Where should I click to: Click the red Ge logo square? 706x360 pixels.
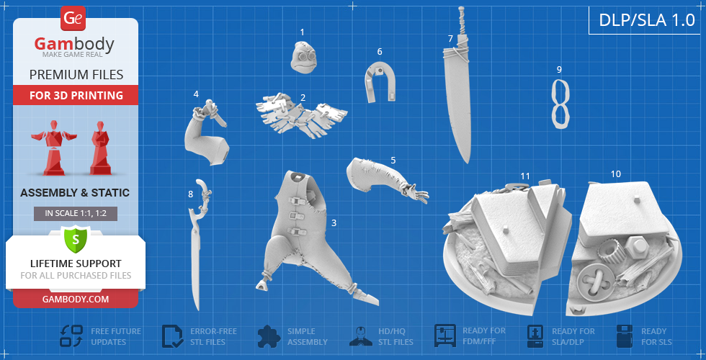pyautogui.click(x=73, y=19)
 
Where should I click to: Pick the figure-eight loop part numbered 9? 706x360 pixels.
pyautogui.click(x=561, y=104)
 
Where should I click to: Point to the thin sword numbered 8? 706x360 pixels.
pyautogui.click(x=196, y=246)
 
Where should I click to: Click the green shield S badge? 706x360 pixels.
pyautogui.click(x=75, y=239)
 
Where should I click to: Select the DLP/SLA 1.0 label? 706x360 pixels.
pyautogui.click(x=647, y=20)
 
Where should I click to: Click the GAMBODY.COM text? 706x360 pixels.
pyautogui.click(x=75, y=300)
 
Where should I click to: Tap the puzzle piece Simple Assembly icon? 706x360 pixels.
pyautogui.click(x=269, y=336)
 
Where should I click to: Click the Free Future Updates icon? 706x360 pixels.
pyautogui.click(x=71, y=336)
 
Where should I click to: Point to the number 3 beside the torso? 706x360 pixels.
pyautogui.click(x=334, y=222)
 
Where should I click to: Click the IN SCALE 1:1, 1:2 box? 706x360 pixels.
pyautogui.click(x=76, y=214)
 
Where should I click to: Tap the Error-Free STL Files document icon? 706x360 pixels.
pyautogui.click(x=172, y=336)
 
